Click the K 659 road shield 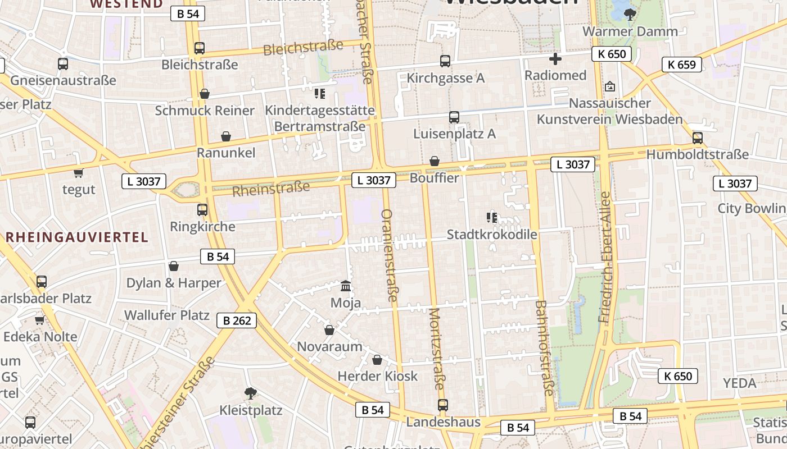[682, 65]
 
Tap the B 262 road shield [237, 320]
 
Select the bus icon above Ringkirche [202, 210]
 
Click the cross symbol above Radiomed [555, 58]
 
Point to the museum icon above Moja [346, 286]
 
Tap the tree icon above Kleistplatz [251, 393]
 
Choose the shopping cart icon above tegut [78, 173]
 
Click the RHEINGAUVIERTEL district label [77, 237]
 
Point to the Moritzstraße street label [436, 349]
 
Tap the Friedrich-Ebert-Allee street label [605, 258]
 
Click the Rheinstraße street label [271, 189]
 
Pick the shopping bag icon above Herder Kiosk [377, 359]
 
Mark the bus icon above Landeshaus [443, 405]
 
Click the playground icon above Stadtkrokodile [492, 217]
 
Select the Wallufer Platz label [167, 315]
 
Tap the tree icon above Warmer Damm [630, 14]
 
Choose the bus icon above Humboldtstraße [698, 138]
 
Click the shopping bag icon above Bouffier [435, 162]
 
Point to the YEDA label [740, 383]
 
